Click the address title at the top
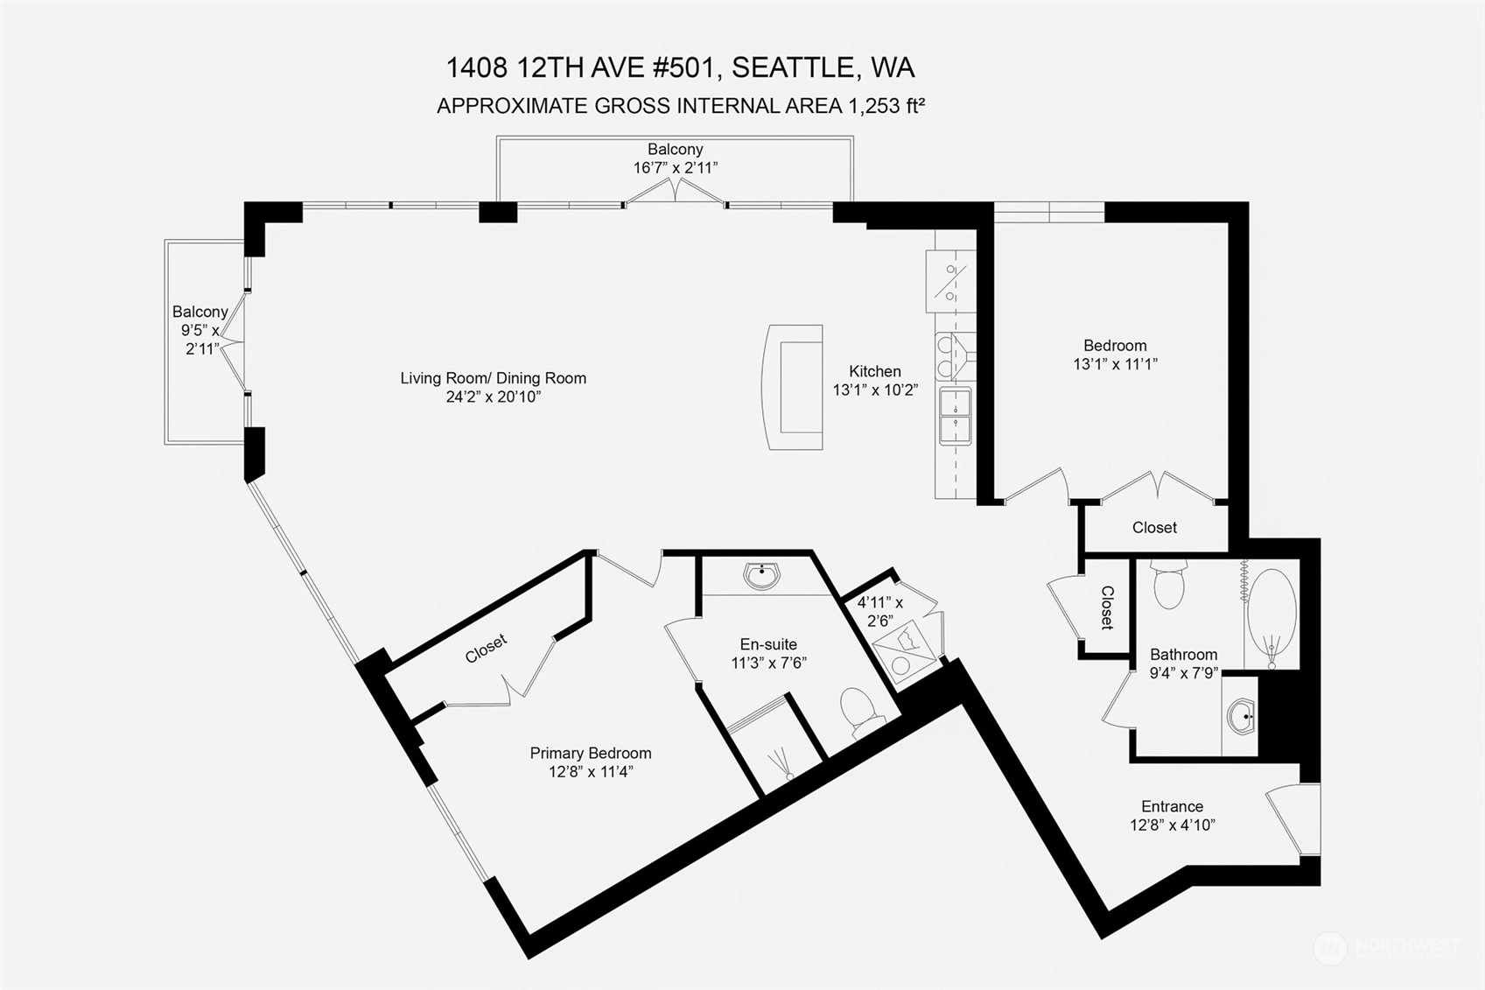[x=680, y=67]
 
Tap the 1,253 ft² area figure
[x=886, y=105]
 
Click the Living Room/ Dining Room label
[x=494, y=378]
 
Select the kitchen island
[x=793, y=387]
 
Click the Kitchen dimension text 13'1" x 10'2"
[x=875, y=390]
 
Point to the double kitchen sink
[x=956, y=417]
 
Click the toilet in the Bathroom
[x=1169, y=584]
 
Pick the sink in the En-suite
[x=761, y=575]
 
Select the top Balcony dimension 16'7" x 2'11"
[x=675, y=168]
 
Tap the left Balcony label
[x=200, y=312]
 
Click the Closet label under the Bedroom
[x=1154, y=528]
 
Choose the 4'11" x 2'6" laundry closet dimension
[x=880, y=612]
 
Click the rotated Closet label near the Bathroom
[x=1107, y=607]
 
